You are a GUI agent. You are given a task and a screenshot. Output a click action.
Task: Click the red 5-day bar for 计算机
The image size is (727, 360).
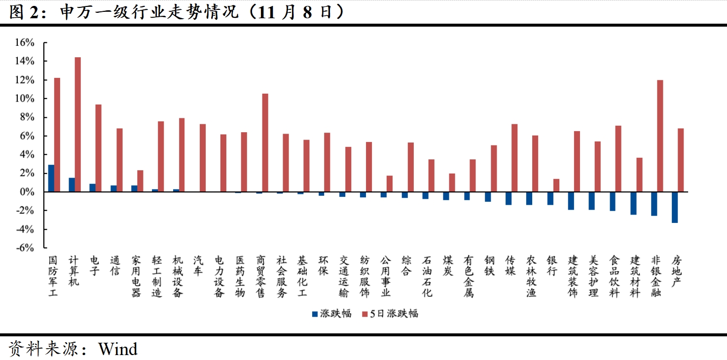78,124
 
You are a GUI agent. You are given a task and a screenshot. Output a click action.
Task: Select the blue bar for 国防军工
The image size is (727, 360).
51,178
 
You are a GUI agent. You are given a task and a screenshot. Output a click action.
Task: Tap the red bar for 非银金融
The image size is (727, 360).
660,136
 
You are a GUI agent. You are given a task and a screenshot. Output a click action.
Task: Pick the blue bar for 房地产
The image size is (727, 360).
675,207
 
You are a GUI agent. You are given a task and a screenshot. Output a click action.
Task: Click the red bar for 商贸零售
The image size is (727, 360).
265,143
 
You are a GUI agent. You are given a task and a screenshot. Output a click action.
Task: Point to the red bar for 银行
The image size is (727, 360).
556,185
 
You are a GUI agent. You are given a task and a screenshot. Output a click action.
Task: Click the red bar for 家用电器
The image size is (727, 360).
140,181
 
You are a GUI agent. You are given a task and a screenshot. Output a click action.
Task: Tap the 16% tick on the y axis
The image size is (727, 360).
25,43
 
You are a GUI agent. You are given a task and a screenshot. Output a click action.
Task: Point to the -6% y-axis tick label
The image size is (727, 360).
25,248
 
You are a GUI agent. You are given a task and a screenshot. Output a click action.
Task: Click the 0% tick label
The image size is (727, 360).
27,192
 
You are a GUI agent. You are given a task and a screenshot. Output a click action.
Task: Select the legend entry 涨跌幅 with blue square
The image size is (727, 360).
331,314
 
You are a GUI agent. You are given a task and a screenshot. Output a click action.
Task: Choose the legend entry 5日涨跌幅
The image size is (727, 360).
390,314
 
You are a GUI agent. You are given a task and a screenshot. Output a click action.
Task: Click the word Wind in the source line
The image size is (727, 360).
118,349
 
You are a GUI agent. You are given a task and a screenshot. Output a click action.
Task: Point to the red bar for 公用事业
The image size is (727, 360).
390,183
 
